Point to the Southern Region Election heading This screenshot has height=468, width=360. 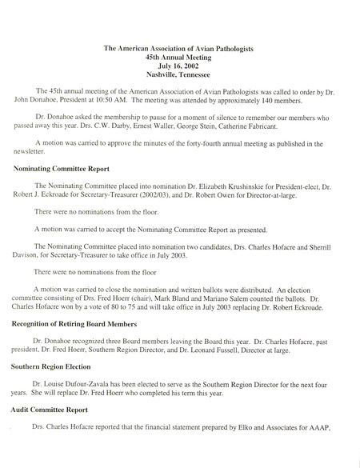(x=57, y=368)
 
